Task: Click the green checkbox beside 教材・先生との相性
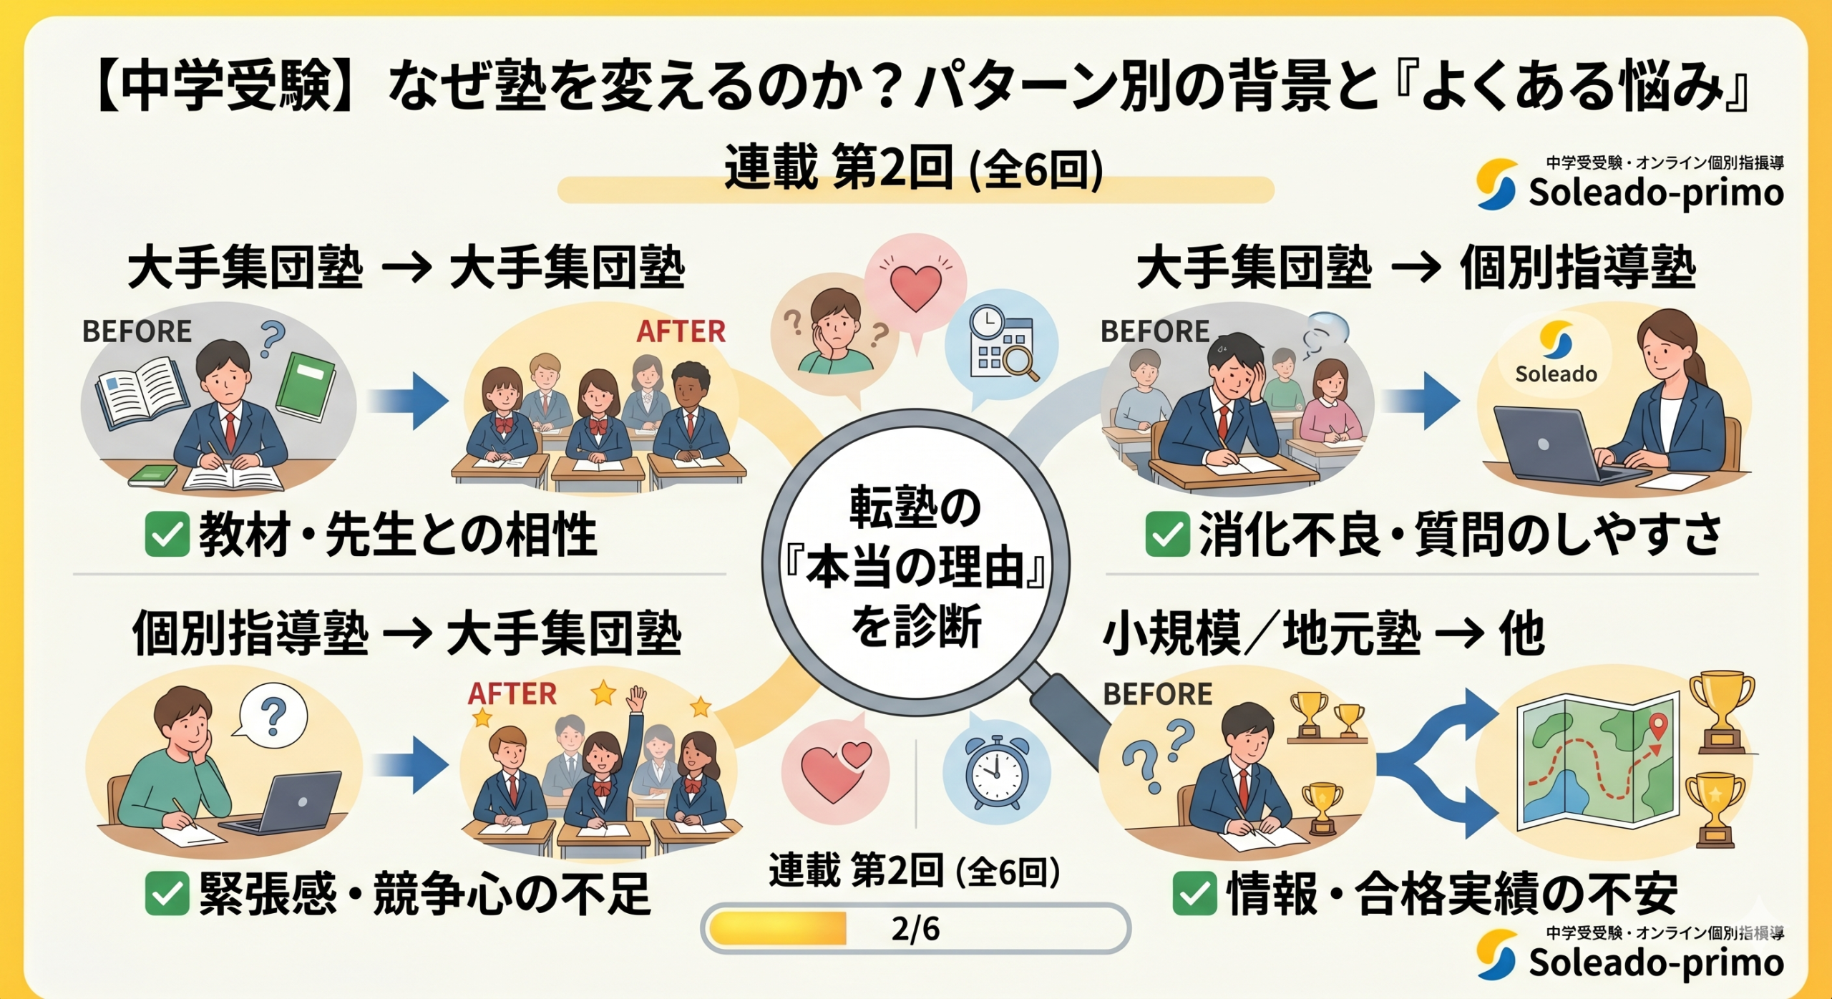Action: point(167,535)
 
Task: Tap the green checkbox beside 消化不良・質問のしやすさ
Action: point(1167,535)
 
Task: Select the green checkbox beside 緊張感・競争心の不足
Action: point(167,894)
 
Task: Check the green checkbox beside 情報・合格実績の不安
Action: point(1194,894)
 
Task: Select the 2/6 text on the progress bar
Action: point(916,929)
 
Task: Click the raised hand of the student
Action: point(635,698)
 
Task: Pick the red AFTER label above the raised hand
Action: point(512,693)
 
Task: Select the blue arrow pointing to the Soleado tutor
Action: point(1421,401)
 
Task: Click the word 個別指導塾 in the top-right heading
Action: point(1577,268)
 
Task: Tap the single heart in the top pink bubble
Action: point(915,288)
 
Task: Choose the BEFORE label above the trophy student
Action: point(1158,693)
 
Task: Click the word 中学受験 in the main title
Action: point(225,87)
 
